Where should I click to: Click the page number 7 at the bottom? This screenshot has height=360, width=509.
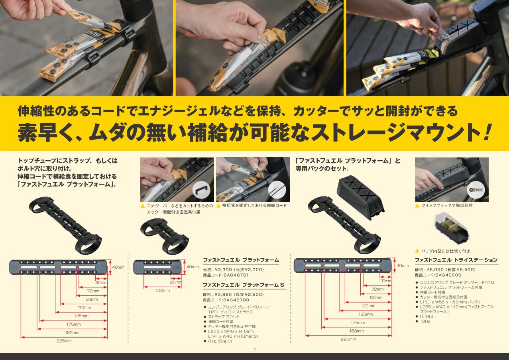[x=254, y=349]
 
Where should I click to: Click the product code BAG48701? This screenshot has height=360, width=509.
[x=236, y=275]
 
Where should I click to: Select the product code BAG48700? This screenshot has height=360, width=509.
[x=236, y=300]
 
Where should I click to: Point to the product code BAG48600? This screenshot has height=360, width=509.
[x=448, y=275]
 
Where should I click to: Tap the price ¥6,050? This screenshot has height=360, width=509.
[x=432, y=270]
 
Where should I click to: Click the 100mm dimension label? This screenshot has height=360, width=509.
[x=163, y=291]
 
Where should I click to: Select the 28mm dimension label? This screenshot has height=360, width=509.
[x=176, y=282]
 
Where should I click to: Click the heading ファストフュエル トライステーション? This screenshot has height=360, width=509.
[x=456, y=260]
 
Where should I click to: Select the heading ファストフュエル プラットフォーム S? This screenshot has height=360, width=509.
[x=244, y=285]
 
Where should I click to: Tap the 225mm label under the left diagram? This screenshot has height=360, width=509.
[x=64, y=341]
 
